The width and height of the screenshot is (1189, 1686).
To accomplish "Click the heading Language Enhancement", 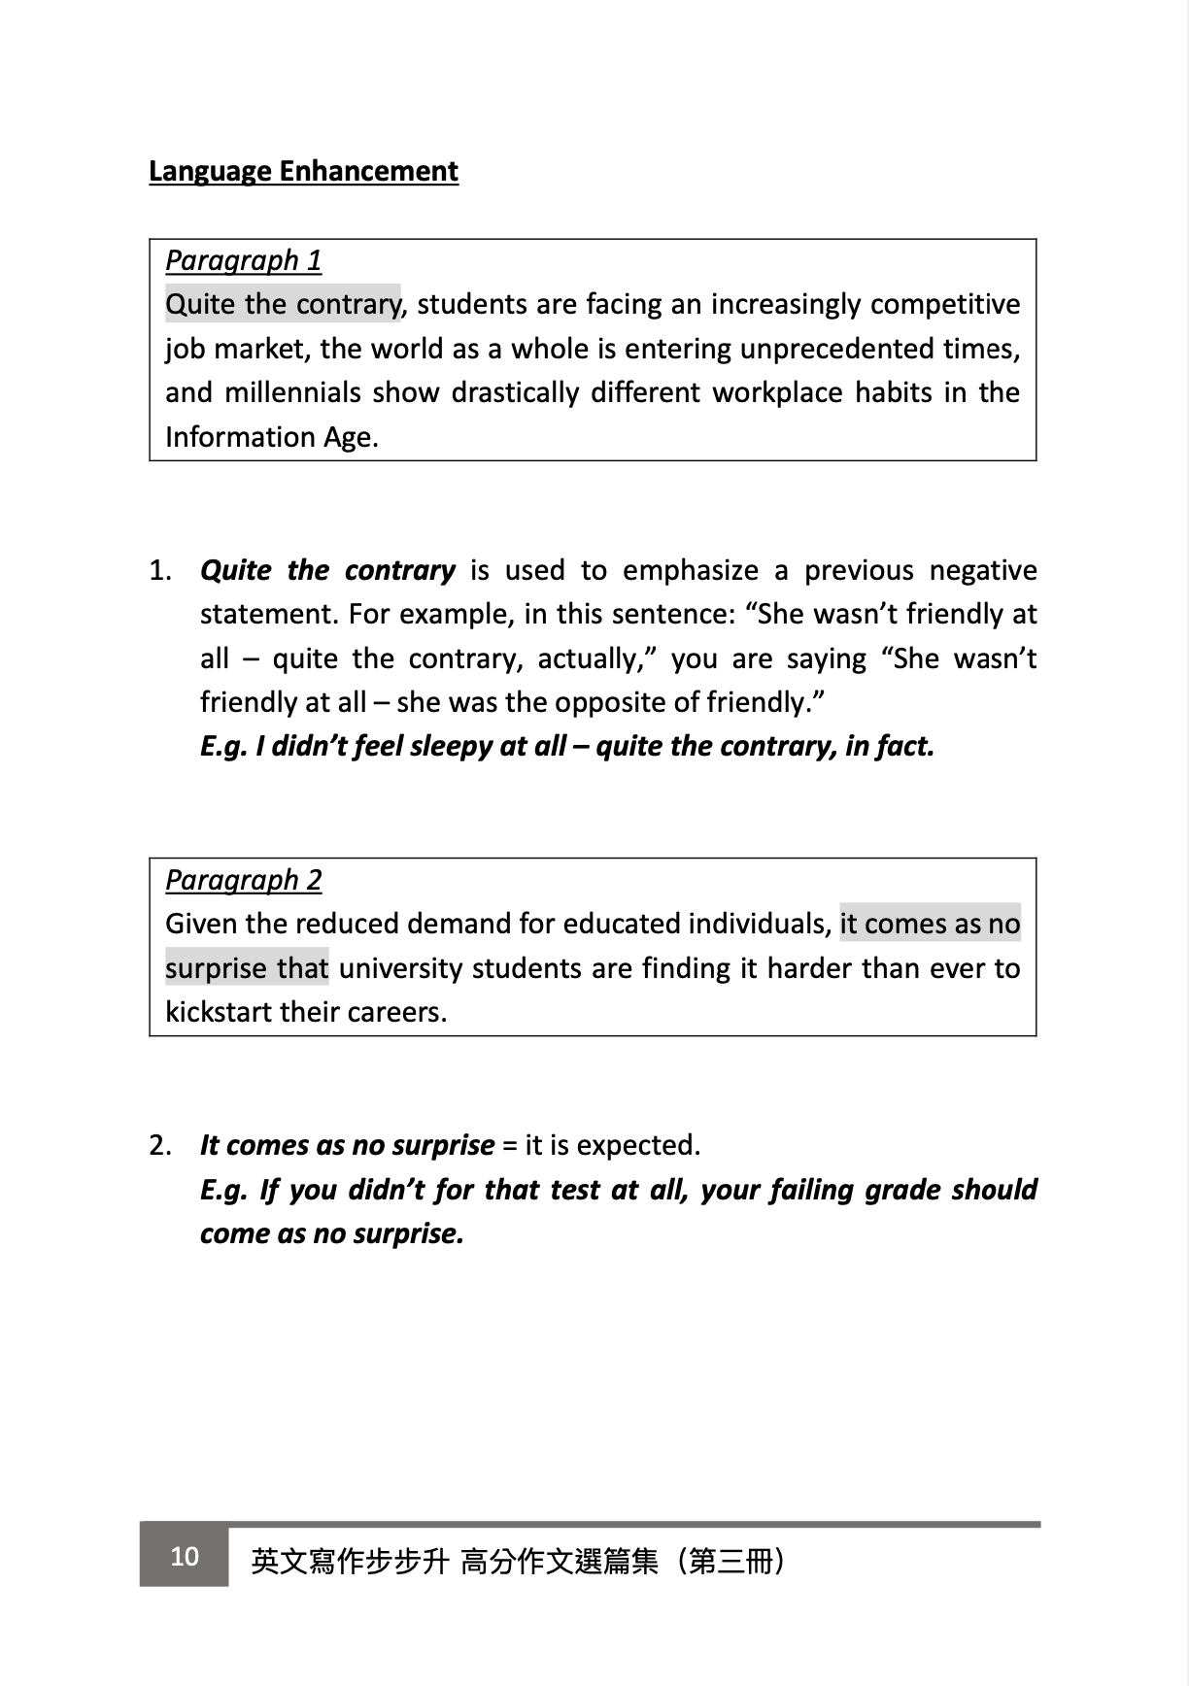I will pos(303,171).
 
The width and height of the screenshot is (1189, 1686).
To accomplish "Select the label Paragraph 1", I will pos(243,260).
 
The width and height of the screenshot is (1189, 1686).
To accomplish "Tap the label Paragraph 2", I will pos(243,880).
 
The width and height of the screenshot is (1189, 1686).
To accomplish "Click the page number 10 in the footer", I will pos(185,1557).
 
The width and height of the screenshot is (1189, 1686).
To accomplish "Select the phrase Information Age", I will pos(270,437).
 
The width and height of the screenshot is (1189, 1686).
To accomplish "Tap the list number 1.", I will pos(160,570).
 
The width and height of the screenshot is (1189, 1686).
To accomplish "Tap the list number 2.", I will pos(160,1145).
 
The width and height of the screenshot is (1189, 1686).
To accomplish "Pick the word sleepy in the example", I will pos(450,746).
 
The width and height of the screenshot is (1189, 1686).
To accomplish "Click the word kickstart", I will pos(219,1012).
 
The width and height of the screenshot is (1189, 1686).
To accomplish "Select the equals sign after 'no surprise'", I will pos(509,1146).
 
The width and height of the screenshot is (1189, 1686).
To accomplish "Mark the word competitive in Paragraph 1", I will pos(945,305).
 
